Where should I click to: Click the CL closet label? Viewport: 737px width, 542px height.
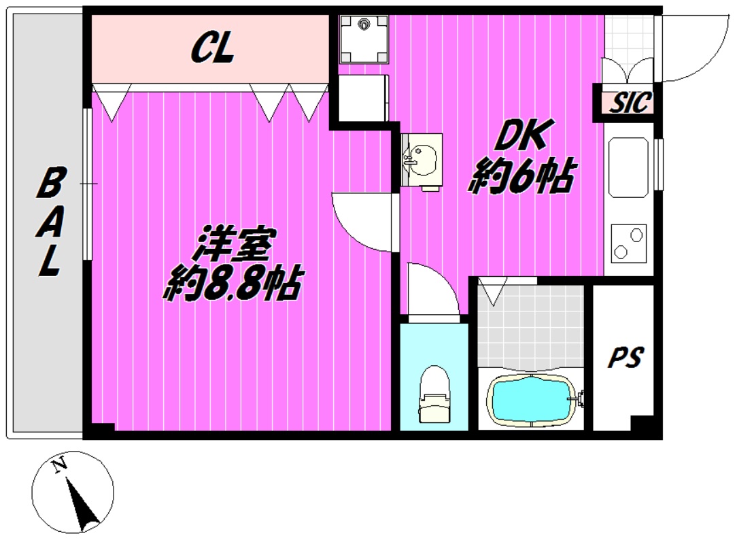tap(212, 49)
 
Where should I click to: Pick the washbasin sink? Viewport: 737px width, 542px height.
tap(423, 160)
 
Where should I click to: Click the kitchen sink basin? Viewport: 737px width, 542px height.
tap(628, 167)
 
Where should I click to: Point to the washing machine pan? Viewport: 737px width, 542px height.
tap(364, 37)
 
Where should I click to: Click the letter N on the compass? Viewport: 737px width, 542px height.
tap(61, 465)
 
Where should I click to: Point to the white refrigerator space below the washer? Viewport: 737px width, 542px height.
tap(363, 98)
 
